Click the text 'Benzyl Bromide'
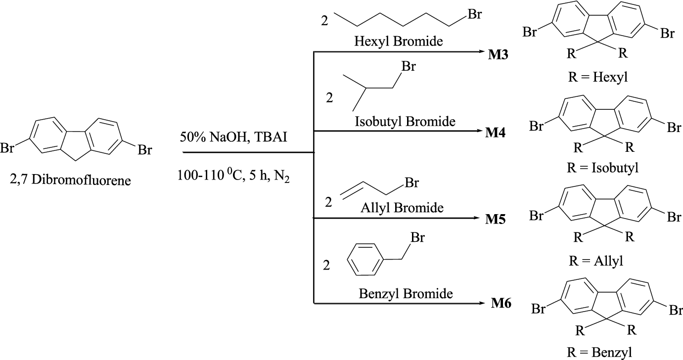pyautogui.click(x=406, y=293)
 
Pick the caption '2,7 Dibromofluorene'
pyautogui.click(x=70, y=181)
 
